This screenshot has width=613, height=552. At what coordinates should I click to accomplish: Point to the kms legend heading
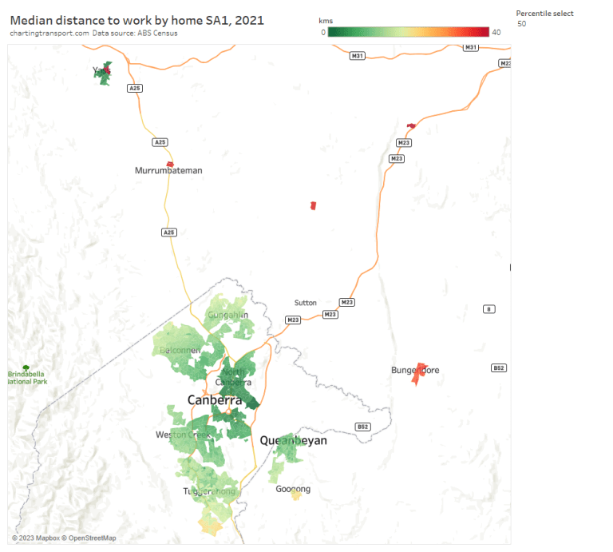pos(325,20)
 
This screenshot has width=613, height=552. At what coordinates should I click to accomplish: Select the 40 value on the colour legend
pos(496,32)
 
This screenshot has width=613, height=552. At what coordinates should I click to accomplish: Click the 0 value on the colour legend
pos(322,32)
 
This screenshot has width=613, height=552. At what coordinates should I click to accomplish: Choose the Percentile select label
pos(544,14)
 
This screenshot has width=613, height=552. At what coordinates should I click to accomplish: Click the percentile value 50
pos(522,24)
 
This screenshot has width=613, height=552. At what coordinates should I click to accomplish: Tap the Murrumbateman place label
pos(168,170)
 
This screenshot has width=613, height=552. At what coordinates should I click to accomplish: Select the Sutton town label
pos(305,303)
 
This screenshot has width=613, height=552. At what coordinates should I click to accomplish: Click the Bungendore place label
pos(415,370)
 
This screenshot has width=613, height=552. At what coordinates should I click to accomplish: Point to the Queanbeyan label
pos(293,440)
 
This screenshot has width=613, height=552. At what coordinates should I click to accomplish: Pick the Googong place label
pos(293,489)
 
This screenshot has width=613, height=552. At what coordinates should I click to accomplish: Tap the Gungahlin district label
pos(227,315)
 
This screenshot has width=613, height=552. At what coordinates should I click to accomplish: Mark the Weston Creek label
pos(183,435)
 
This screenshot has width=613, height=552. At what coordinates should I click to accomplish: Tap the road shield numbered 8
pos(488,309)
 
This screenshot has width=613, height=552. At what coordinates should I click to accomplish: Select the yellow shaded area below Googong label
pos(296,496)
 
